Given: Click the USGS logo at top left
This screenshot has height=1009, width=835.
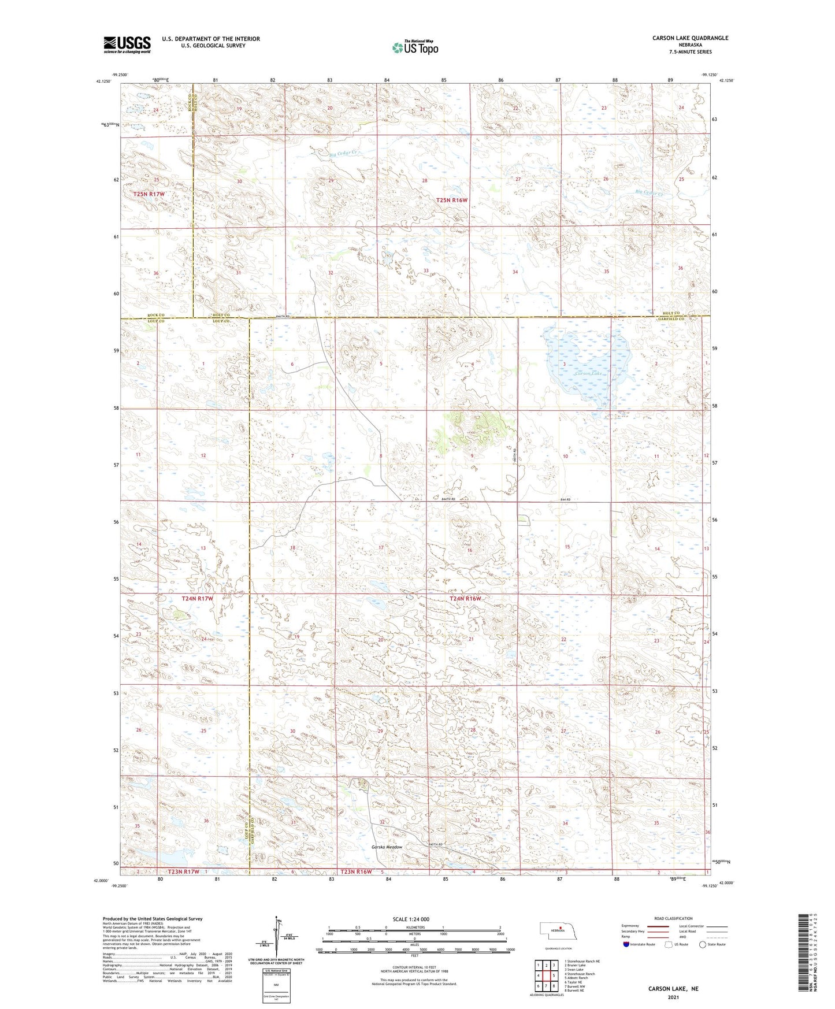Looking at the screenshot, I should point(127,44).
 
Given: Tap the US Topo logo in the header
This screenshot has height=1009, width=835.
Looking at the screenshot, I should point(414,47).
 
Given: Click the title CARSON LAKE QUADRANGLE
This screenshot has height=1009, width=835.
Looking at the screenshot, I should point(690,38).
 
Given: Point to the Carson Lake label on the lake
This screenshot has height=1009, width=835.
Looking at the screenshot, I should point(589,373).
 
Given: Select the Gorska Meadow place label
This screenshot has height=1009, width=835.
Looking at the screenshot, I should point(387,847).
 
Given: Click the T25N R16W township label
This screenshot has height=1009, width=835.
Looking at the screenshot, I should point(452,200).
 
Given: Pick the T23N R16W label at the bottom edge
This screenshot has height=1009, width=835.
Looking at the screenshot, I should point(356,871).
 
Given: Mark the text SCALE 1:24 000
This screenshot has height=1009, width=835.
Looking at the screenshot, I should point(411,919).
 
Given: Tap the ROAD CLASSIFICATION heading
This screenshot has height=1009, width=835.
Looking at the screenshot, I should point(673,918).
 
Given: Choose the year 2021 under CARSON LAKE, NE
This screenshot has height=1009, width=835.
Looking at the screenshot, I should point(673,997).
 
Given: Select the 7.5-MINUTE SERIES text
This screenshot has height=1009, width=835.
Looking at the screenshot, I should point(690,51).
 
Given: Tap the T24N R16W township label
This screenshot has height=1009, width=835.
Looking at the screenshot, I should point(466,599).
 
